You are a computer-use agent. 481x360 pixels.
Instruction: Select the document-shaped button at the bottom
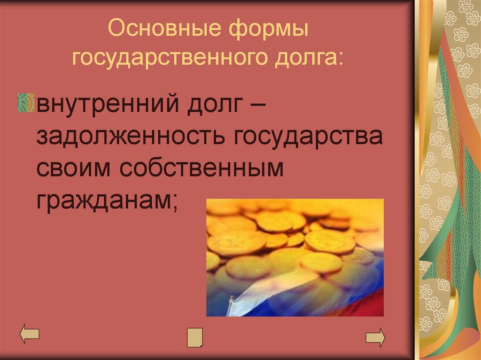(x=194, y=337)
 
